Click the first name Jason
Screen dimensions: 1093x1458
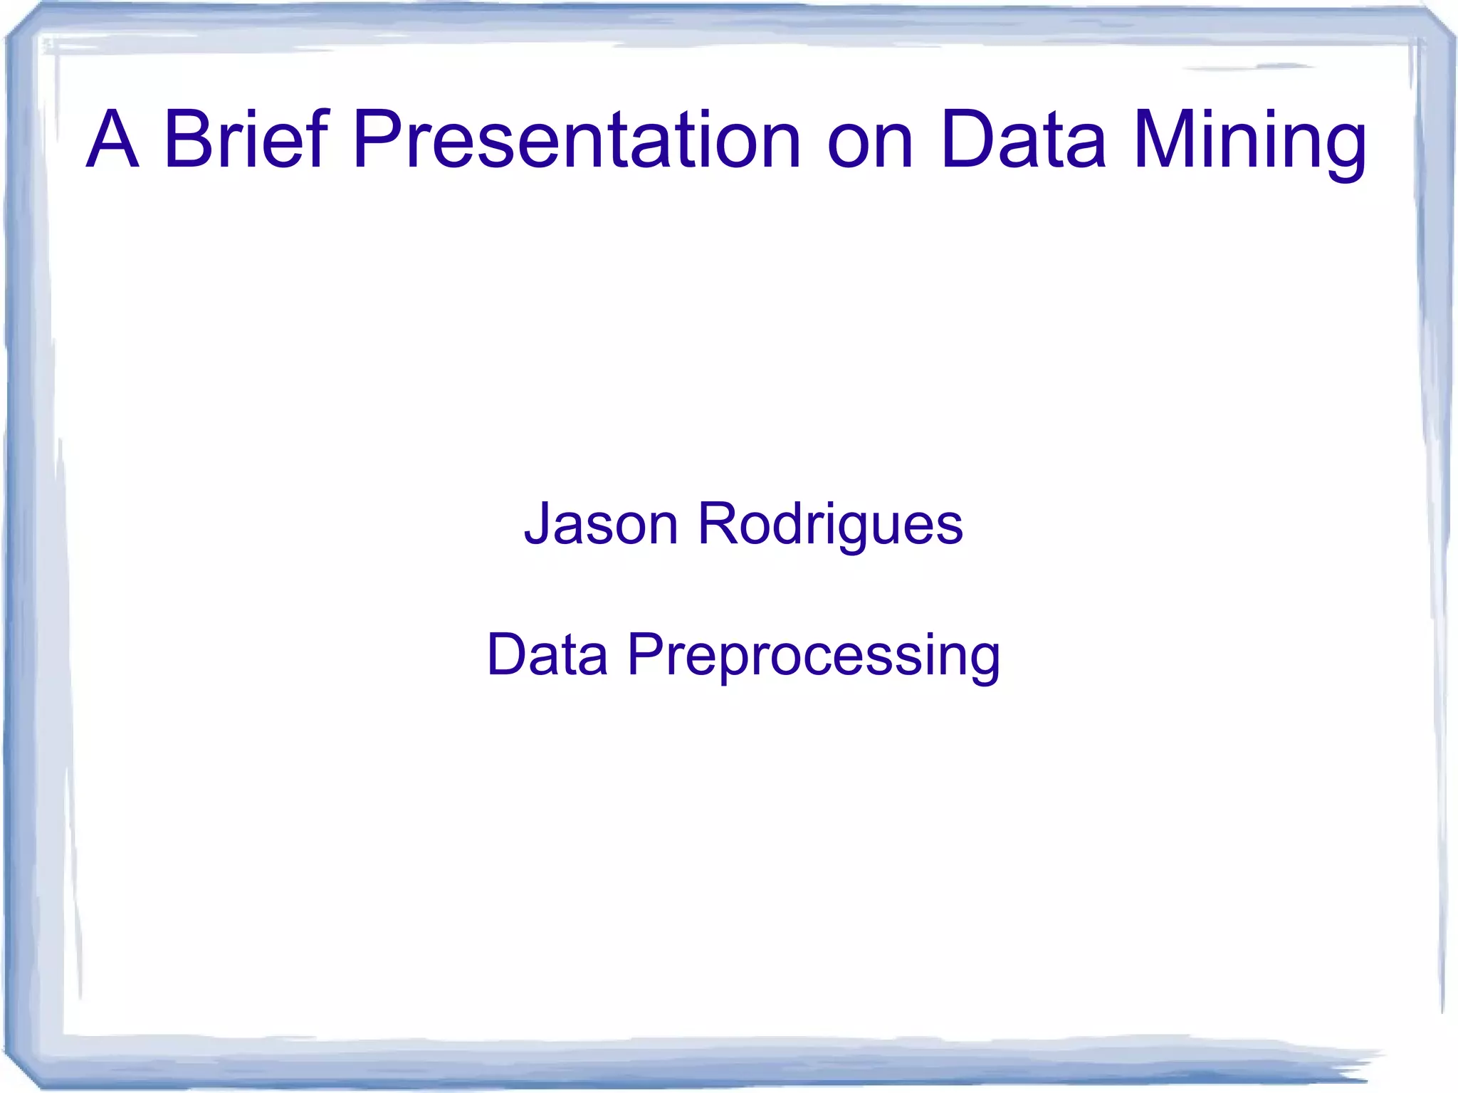pos(602,525)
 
